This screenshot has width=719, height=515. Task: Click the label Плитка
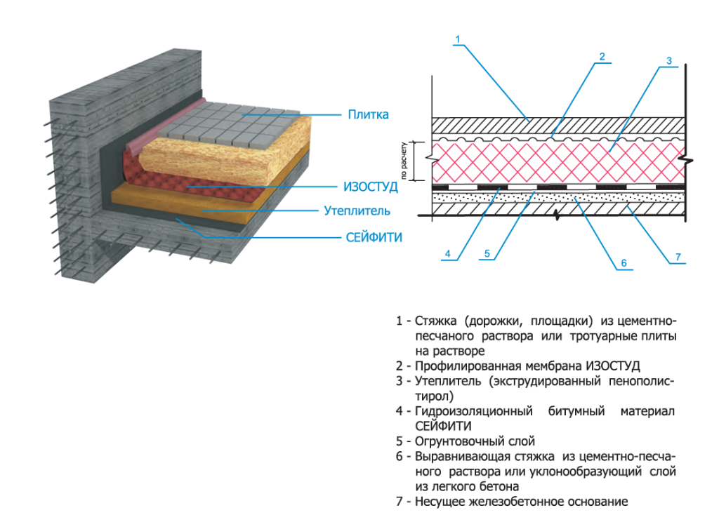pyautogui.click(x=368, y=114)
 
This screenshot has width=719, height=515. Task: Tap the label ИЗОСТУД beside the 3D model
pyautogui.click(x=370, y=187)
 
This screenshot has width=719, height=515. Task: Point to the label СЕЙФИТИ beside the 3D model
pyautogui.click(x=374, y=238)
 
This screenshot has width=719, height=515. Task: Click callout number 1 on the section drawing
pyautogui.click(x=457, y=39)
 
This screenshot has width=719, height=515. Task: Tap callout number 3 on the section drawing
pyautogui.click(x=669, y=61)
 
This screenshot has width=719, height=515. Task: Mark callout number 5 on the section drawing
pyautogui.click(x=487, y=253)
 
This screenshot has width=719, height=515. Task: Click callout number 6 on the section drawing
pyautogui.click(x=622, y=264)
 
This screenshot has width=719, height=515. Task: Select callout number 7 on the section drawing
pyautogui.click(x=678, y=257)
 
